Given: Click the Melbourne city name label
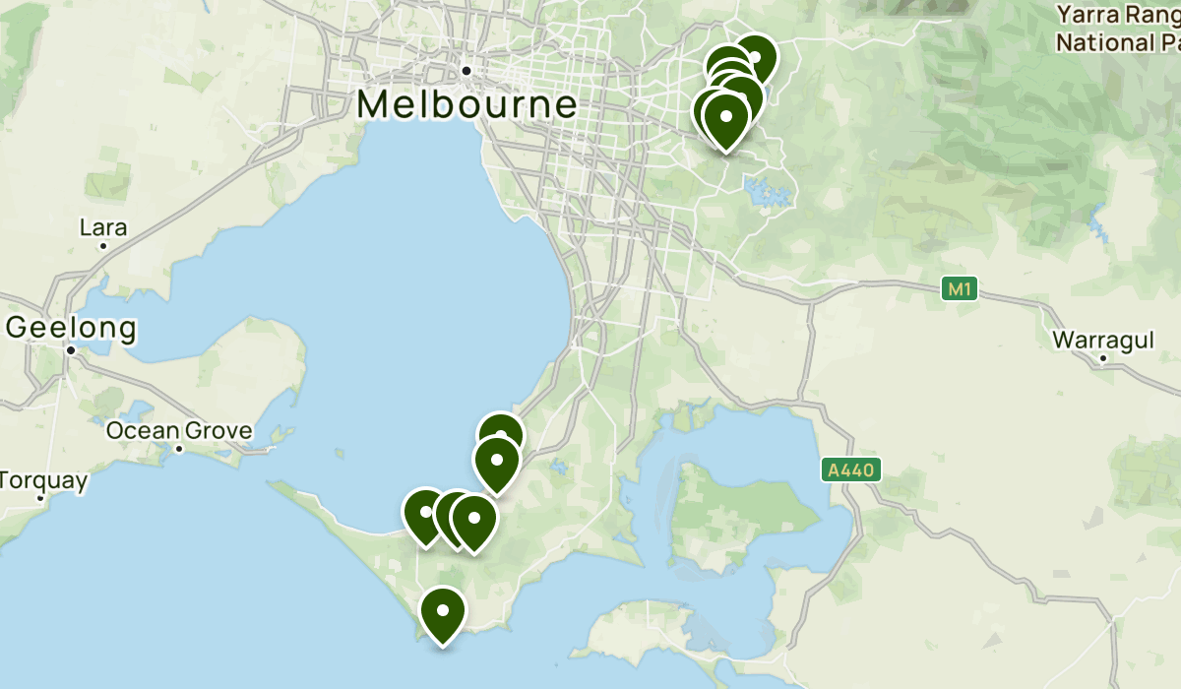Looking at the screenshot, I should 466,104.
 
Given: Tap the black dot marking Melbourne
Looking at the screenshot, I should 467,70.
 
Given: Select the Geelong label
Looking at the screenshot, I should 71,327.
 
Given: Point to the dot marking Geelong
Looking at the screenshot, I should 71,349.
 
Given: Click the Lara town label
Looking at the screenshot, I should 103,227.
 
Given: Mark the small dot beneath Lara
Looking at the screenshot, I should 103,245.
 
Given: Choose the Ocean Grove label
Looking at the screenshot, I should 179,430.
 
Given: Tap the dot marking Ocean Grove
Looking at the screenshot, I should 179,449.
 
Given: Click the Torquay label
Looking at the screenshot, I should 44,480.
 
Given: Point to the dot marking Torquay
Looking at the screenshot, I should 40,498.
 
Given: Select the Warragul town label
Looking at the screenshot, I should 1102,340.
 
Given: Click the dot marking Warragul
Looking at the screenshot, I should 1103,358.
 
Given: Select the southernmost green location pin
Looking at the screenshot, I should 443,611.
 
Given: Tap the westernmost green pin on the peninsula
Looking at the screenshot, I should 425,513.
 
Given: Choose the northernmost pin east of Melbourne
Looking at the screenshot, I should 755,57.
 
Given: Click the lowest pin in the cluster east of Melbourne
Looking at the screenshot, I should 725,117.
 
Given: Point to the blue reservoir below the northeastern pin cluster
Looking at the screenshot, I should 770,191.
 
